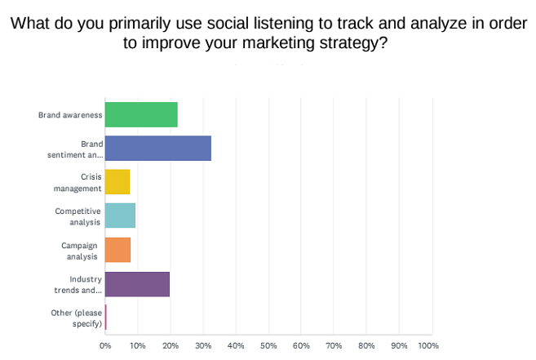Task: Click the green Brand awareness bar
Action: (x=141, y=115)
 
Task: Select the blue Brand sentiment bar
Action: (x=158, y=149)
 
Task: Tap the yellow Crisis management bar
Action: (x=117, y=182)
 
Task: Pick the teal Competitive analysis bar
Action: (x=120, y=216)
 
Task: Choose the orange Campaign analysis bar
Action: (x=117, y=250)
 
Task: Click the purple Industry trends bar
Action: (x=137, y=283)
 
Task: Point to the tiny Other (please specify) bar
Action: (x=106, y=318)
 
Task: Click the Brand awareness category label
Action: (x=70, y=115)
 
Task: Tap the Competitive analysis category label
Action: (x=78, y=216)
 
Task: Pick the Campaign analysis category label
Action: (x=81, y=250)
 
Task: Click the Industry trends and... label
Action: (x=80, y=283)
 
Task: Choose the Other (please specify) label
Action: (x=78, y=318)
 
